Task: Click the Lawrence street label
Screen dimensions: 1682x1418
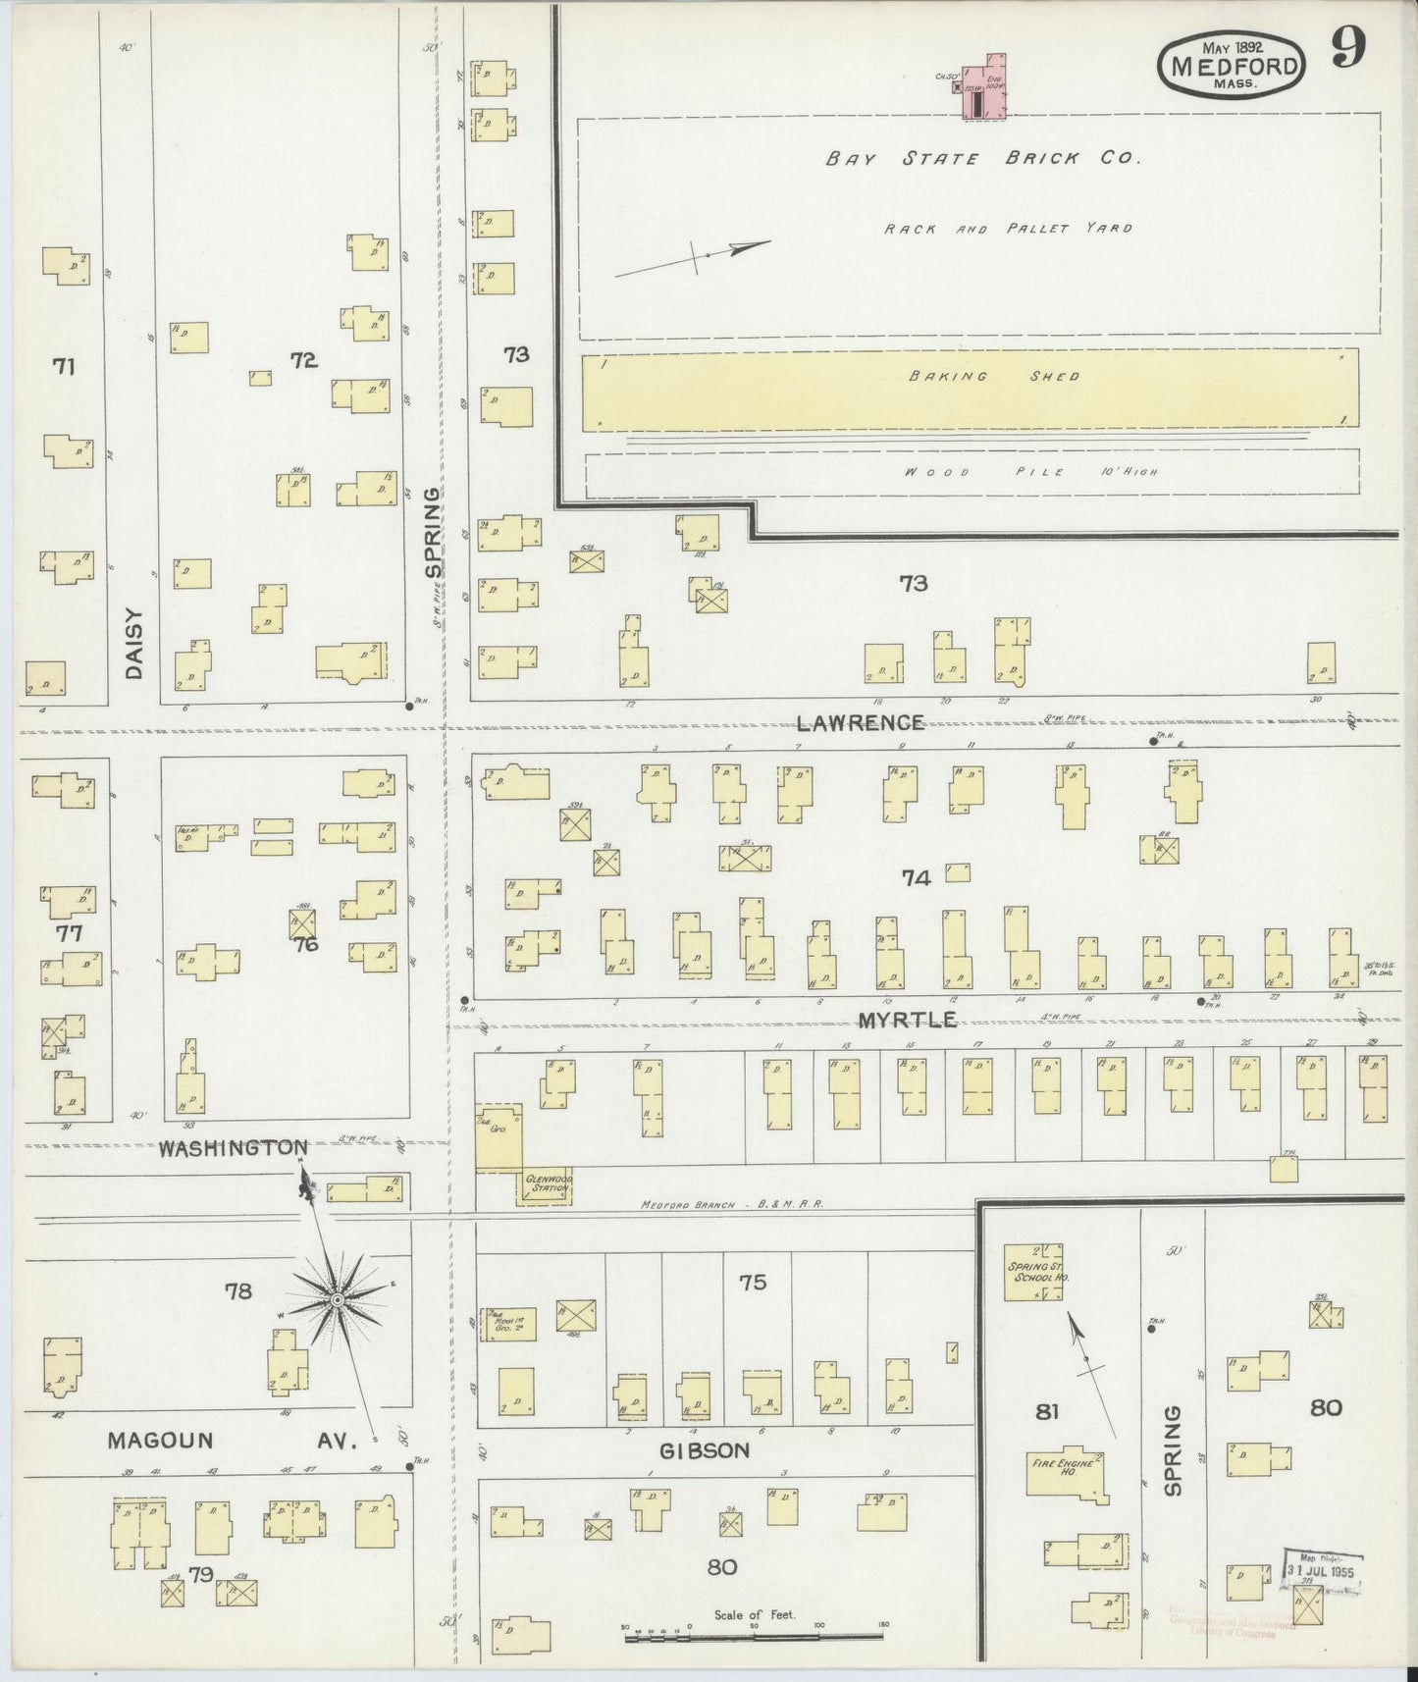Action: pyautogui.click(x=860, y=723)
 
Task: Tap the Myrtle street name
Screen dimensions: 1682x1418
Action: pyautogui.click(x=907, y=1021)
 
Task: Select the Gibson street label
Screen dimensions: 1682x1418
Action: pyautogui.click(x=705, y=1450)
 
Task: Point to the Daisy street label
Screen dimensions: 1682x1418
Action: pyautogui.click(x=134, y=643)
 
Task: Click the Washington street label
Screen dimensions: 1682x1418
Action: pyautogui.click(x=234, y=1147)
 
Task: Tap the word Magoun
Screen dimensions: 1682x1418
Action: pyautogui.click(x=160, y=1441)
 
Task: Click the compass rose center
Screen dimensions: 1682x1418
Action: pyautogui.click(x=337, y=1300)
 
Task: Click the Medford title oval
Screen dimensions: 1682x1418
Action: pyautogui.click(x=1233, y=66)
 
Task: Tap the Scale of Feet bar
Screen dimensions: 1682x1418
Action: pyautogui.click(x=754, y=1636)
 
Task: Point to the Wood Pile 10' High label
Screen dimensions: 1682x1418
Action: pyautogui.click(x=1030, y=472)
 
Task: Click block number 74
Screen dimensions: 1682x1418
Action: pyautogui.click(x=915, y=878)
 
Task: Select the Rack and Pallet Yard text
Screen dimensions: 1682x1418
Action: pyautogui.click(x=1008, y=229)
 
